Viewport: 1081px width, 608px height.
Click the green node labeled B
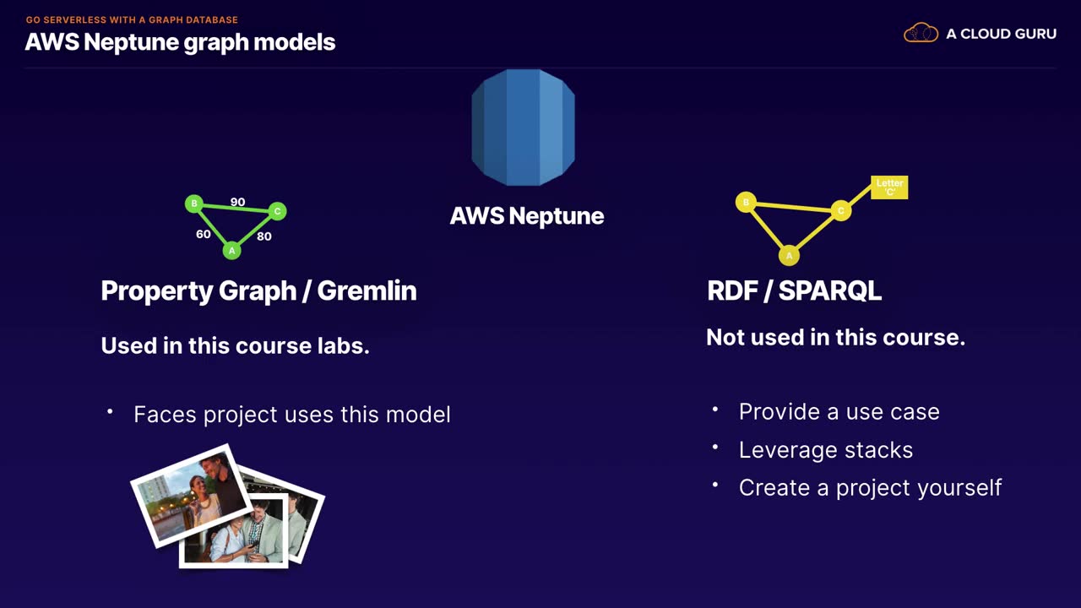[194, 204]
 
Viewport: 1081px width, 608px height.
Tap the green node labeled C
[277, 211]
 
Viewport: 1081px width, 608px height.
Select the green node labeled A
[231, 250]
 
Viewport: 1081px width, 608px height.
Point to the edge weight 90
[237, 203]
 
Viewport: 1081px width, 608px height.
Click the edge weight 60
[204, 234]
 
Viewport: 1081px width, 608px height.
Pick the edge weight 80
[264, 236]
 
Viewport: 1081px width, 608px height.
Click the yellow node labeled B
[745, 202]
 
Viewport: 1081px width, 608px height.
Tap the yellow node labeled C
[840, 210]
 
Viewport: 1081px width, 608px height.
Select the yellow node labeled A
[790, 255]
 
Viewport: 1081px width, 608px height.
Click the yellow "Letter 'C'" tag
[889, 187]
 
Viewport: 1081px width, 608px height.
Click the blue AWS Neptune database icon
[523, 128]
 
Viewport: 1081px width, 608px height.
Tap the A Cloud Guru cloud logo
[921, 34]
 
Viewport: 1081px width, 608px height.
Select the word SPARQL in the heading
[829, 290]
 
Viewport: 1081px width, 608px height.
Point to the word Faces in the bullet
[166, 415]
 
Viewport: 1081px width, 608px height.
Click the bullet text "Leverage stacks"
[825, 450]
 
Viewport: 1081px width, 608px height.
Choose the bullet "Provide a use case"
[839, 412]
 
